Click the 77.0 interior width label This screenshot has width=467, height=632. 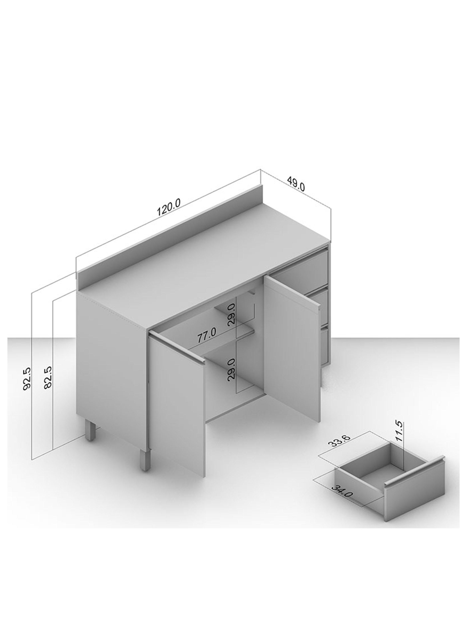206,335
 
